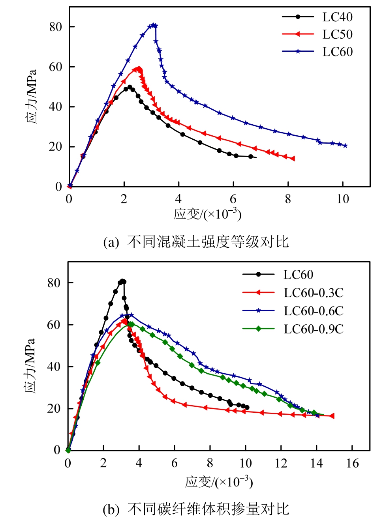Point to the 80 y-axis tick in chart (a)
[56, 27]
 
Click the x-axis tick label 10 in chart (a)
[342, 199]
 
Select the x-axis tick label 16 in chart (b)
[352, 463]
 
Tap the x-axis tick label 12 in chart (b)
[281, 463]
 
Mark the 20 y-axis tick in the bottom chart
[54, 408]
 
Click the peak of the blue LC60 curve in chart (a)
[153, 25]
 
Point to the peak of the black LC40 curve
[130, 87]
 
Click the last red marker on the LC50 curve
[293, 159]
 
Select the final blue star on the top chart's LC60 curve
[346, 146]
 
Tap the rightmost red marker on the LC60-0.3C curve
[332, 416]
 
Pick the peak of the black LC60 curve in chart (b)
[122, 281]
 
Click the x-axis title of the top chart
[208, 214]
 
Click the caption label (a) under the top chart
[111, 242]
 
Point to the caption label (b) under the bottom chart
[111, 509]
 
